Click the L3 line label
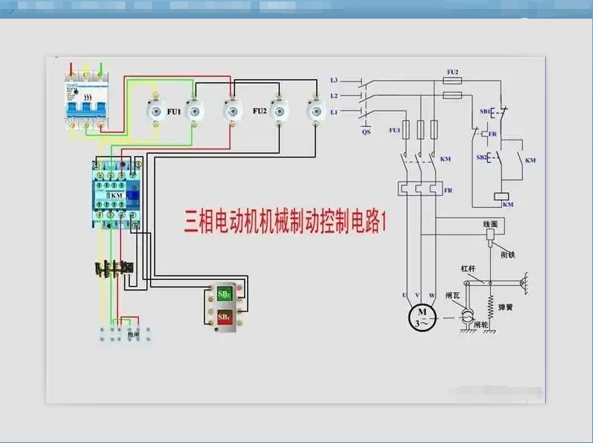point(334,80)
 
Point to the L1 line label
point(334,111)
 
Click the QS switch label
point(365,131)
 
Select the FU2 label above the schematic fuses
point(452,72)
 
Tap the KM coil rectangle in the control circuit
point(502,196)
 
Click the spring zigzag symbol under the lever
point(491,303)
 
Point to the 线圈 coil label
point(489,223)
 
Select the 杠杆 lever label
point(468,269)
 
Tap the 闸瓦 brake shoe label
point(451,296)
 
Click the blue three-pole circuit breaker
point(85,99)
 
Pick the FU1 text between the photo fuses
point(174,111)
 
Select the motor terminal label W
point(433,295)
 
